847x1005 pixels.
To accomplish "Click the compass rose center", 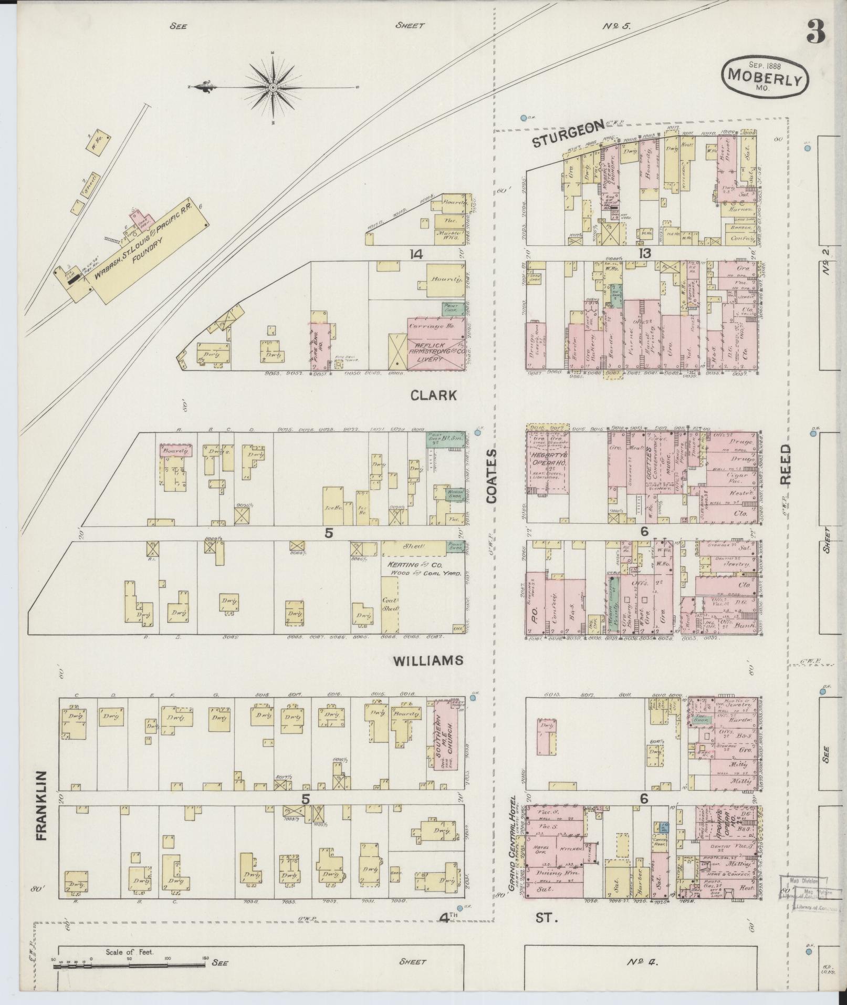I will (274, 87).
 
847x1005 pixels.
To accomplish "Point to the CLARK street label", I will (434, 396).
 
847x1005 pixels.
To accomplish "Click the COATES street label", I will (492, 476).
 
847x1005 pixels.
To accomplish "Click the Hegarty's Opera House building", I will (548, 463).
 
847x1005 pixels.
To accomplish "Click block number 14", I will (417, 255).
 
